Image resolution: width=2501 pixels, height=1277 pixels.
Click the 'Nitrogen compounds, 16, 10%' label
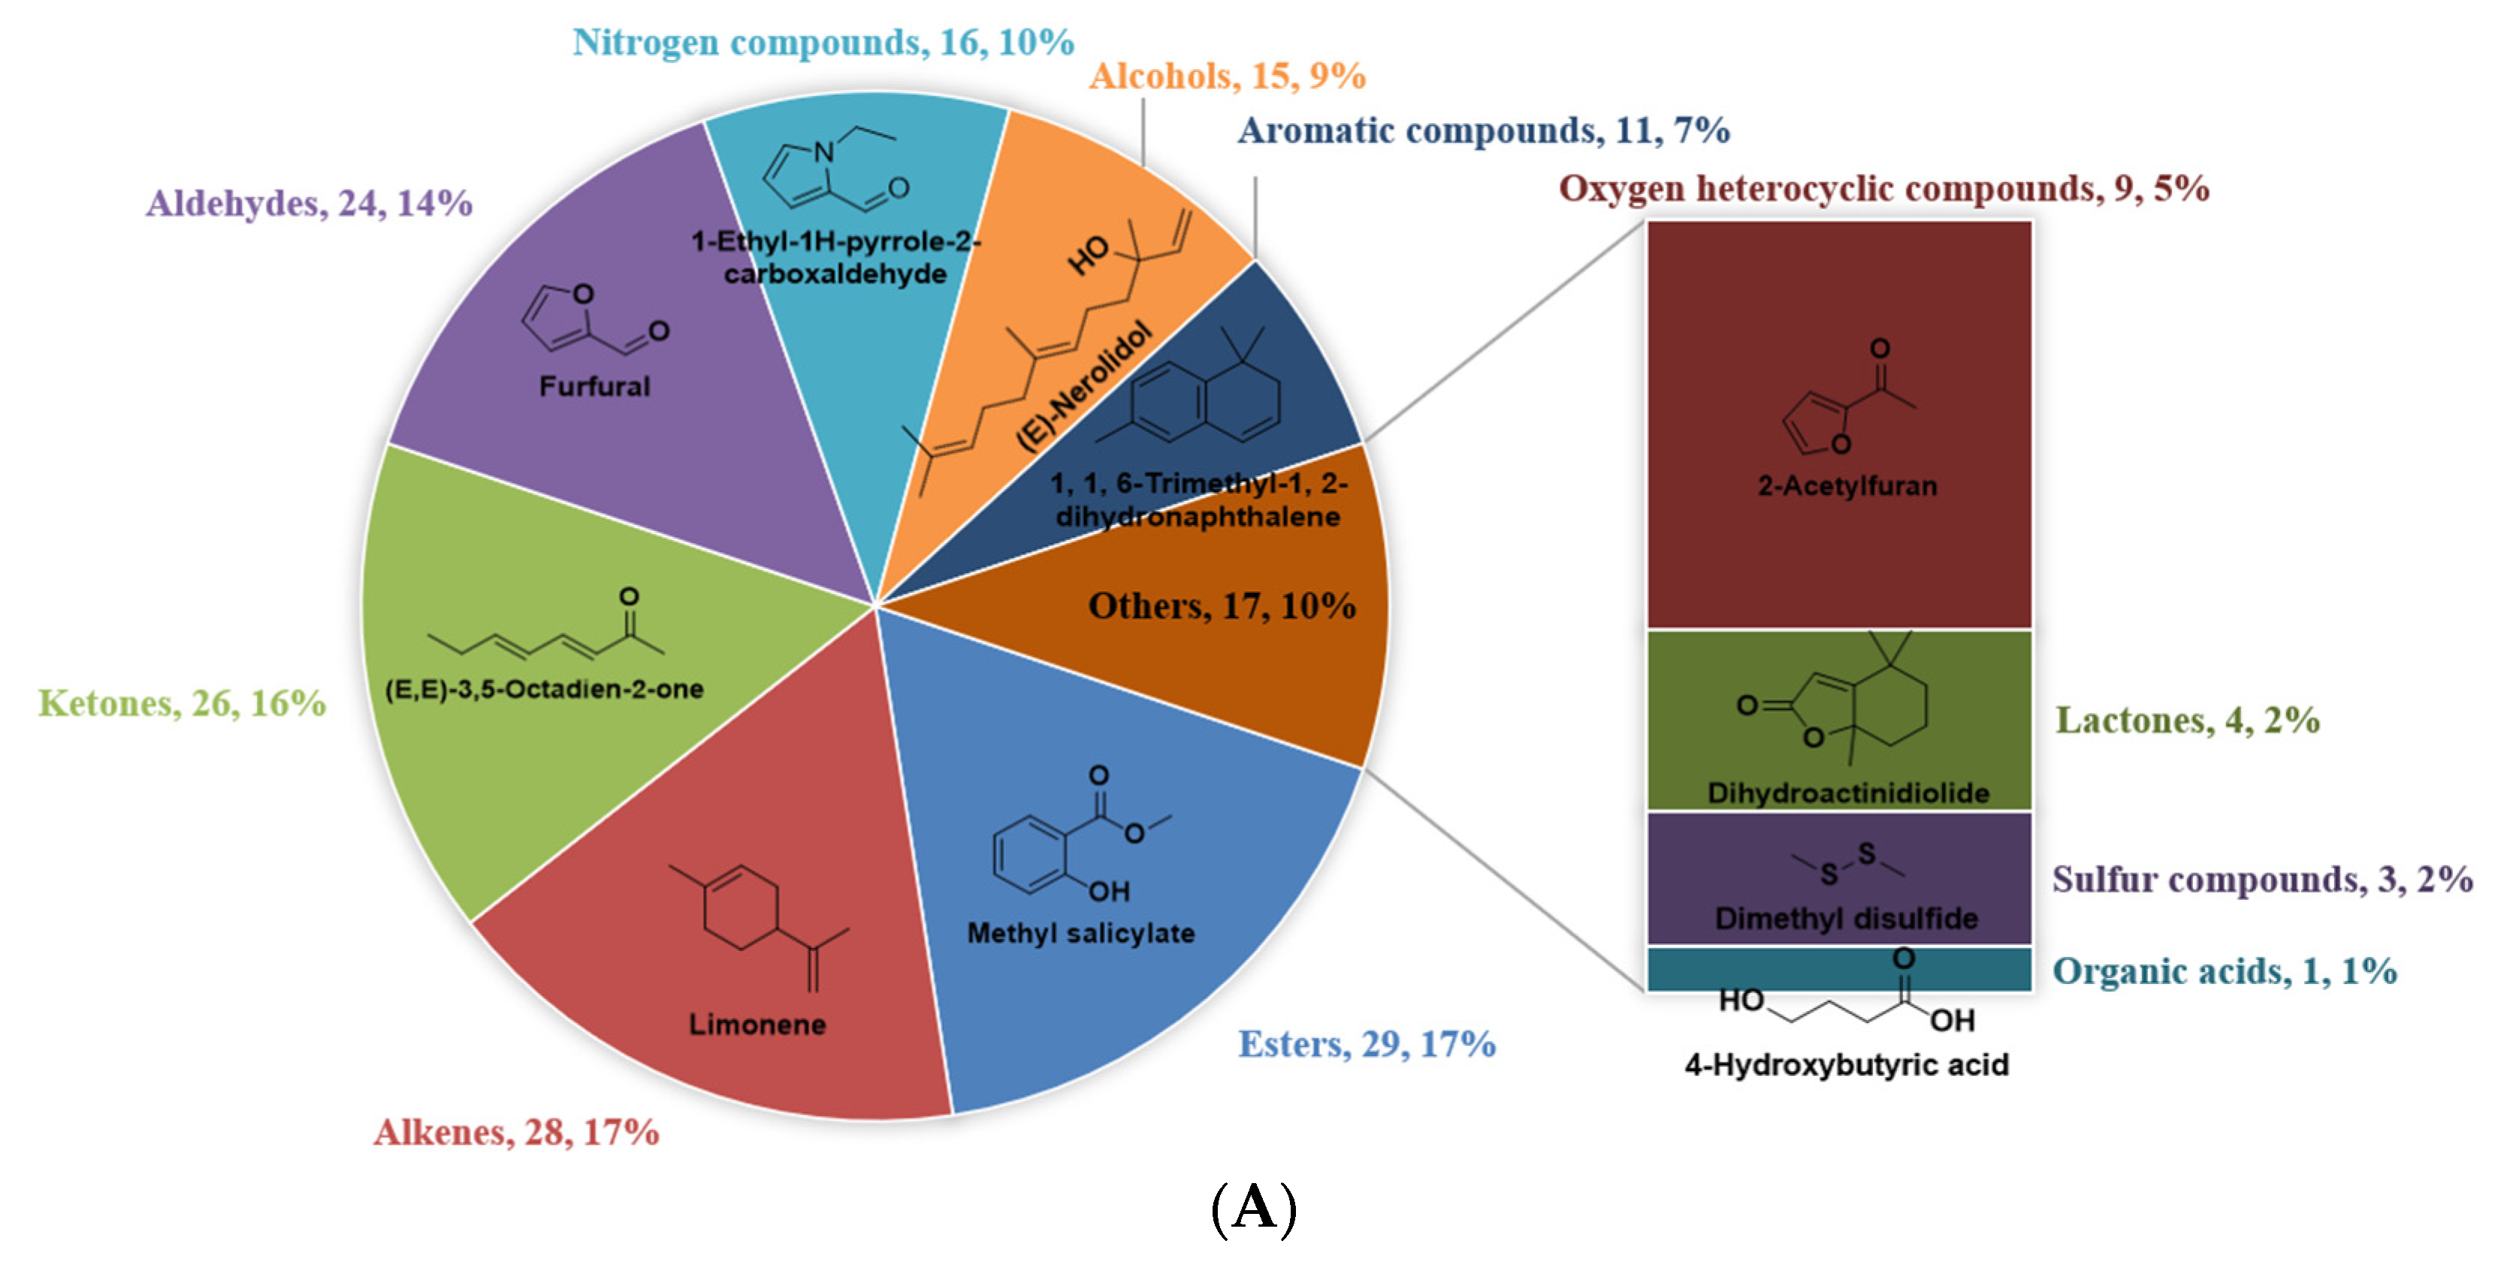click(823, 43)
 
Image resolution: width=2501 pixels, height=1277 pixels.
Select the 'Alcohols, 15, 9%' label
click(1227, 76)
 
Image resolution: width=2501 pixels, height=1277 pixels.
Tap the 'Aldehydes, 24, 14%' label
click(309, 203)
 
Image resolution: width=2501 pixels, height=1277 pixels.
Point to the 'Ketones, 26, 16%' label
click(182, 703)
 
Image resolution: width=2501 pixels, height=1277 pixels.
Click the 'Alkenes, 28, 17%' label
click(517, 1132)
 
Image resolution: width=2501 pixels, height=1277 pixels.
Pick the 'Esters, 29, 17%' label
click(1366, 1044)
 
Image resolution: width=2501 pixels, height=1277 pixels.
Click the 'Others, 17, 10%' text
click(1222, 606)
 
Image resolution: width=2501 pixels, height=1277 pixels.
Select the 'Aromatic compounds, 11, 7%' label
click(1482, 130)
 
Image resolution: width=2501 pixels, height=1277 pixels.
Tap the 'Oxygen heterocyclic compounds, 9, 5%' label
click(1883, 189)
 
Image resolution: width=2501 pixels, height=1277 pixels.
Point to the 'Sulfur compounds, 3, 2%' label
click(2262, 879)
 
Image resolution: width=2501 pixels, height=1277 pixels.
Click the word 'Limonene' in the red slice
click(757, 1025)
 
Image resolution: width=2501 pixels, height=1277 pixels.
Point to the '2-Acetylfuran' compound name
click(1847, 485)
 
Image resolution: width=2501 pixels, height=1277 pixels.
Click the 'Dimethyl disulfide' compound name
click(1846, 919)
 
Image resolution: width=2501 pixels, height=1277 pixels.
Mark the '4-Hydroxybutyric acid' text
click(1846, 1065)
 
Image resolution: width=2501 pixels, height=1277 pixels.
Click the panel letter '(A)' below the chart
click(1253, 1209)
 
